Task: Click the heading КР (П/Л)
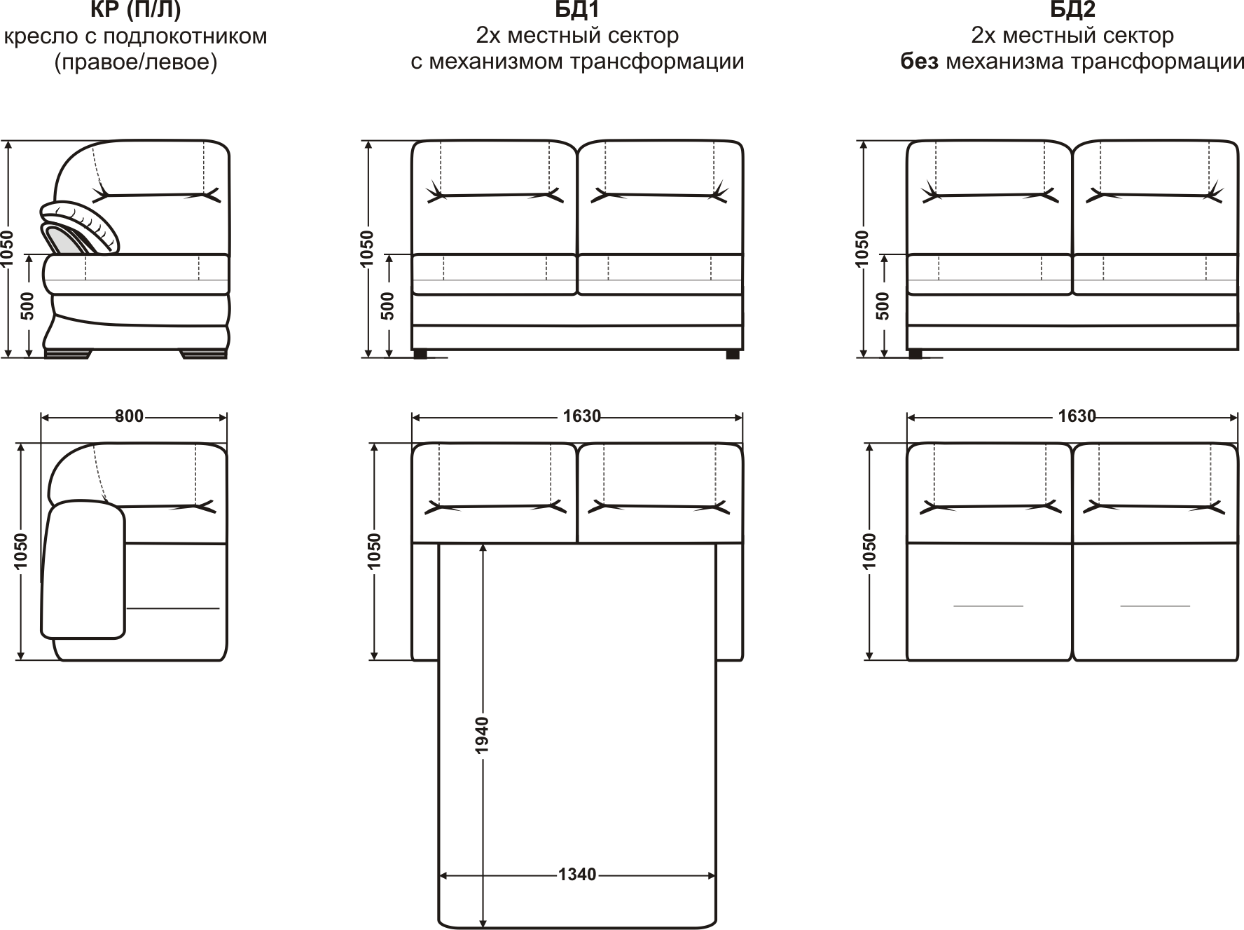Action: (135, 10)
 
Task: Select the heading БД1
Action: (577, 10)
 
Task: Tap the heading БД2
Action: (1072, 10)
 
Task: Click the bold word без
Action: (919, 62)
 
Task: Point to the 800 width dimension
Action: (129, 416)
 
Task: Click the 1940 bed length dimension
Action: (482, 735)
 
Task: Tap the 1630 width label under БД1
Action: (582, 416)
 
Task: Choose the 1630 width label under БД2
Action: (1077, 416)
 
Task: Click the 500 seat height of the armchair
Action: (27, 306)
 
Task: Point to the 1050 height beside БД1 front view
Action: (367, 249)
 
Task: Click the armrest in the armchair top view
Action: (83, 570)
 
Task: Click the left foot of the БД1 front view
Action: (420, 355)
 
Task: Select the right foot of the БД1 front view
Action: (733, 355)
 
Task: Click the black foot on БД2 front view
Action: (915, 355)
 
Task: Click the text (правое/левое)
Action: (136, 62)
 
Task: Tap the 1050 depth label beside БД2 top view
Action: (869, 551)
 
